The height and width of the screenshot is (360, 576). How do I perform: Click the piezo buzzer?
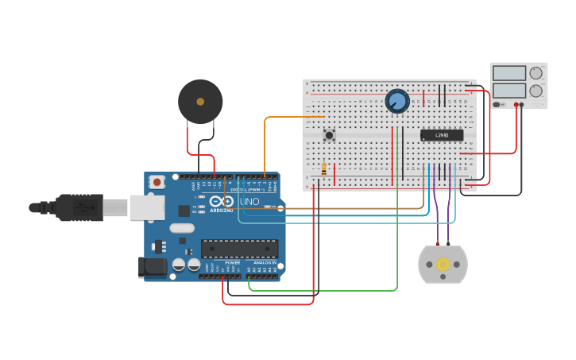tap(200, 101)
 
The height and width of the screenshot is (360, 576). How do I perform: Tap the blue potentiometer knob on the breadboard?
tap(396, 102)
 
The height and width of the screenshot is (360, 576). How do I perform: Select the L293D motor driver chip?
tap(442, 135)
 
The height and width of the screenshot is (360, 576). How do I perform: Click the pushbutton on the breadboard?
tap(329, 135)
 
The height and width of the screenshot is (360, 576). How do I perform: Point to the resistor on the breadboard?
tap(324, 169)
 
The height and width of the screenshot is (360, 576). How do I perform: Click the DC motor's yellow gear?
tap(443, 264)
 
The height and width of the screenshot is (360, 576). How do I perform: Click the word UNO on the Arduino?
tap(250, 202)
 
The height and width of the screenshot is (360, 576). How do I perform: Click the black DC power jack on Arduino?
tap(153, 267)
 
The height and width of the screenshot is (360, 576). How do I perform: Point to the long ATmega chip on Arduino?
tap(239, 248)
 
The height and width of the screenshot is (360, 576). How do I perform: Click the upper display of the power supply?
tap(509, 73)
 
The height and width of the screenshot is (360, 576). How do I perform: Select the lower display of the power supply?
tap(509, 91)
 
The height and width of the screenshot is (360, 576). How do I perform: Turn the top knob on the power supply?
tap(536, 73)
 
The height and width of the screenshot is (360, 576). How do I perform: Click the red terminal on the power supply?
tap(516, 105)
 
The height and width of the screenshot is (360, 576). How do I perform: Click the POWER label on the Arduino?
tap(232, 262)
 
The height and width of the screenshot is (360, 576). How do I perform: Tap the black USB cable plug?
tap(79, 208)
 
